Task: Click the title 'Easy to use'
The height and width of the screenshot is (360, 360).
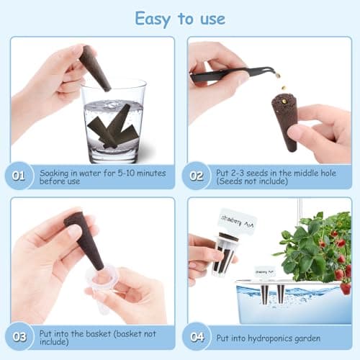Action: [179, 18]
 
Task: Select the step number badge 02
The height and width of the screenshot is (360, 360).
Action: [197, 175]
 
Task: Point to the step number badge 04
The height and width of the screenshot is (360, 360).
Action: [197, 336]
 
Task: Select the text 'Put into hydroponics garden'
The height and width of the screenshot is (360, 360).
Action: [275, 336]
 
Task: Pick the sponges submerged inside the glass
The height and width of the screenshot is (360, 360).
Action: [111, 130]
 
